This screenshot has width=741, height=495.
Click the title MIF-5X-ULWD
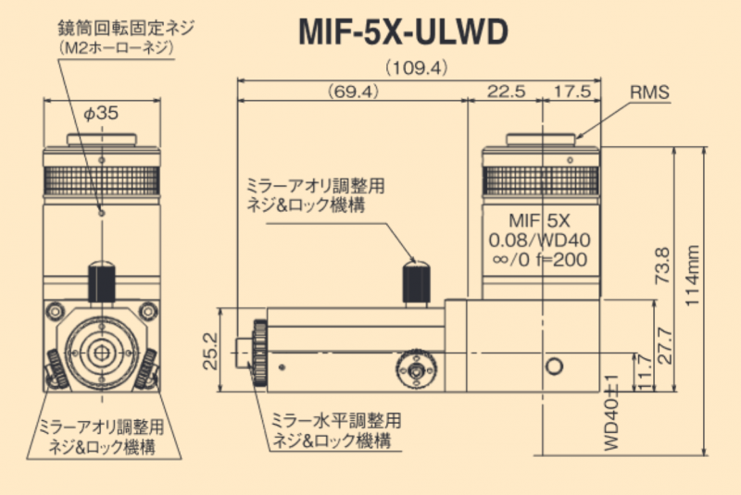(403, 31)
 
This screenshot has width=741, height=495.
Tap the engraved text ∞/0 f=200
(540, 260)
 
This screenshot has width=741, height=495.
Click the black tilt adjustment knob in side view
(412, 280)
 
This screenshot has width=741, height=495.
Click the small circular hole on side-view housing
(555, 366)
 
